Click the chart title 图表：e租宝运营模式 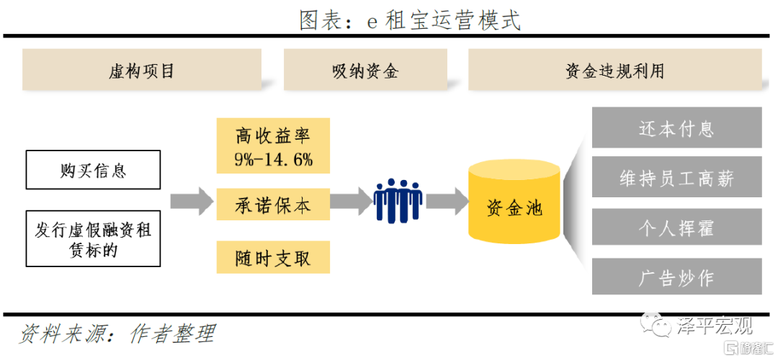click(409, 19)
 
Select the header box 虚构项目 click(141, 70)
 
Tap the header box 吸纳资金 click(365, 70)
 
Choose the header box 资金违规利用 click(614, 70)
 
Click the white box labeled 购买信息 click(93, 170)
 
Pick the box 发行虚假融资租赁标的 click(93, 239)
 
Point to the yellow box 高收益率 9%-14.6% click(273, 146)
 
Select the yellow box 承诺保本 click(273, 204)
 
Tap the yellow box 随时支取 click(273, 257)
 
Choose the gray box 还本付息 click(676, 128)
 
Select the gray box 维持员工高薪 click(676, 178)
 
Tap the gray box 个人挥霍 click(676, 228)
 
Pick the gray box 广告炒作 click(676, 278)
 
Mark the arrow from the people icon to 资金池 click(447, 201)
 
